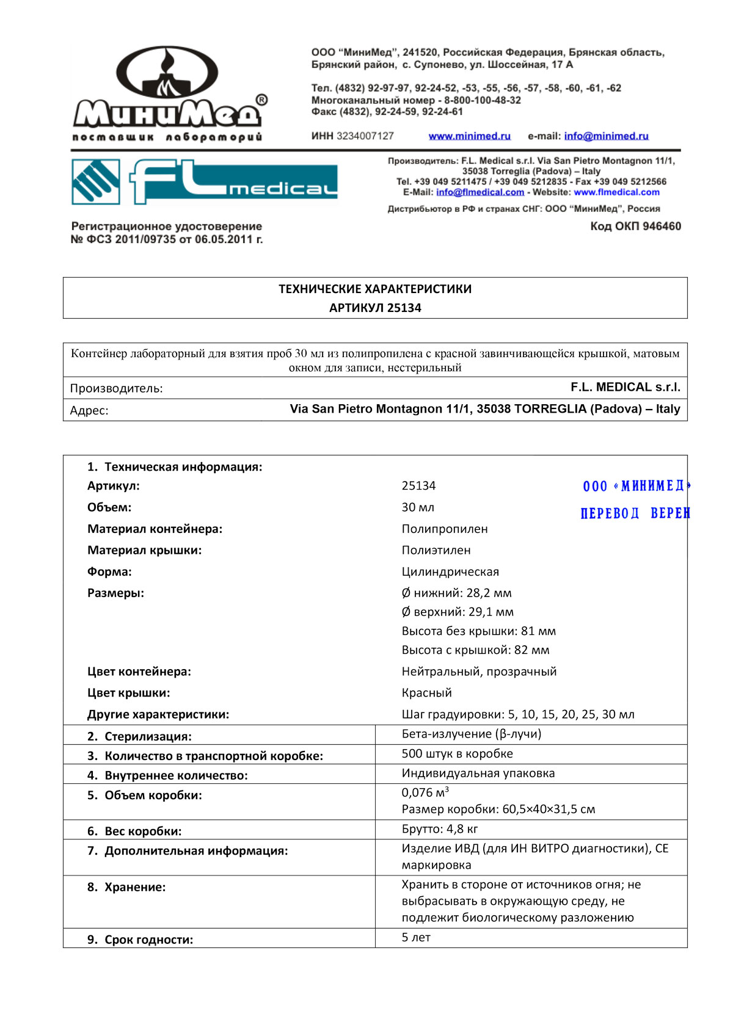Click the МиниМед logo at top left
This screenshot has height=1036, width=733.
tap(168, 95)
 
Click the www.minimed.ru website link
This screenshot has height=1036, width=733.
tap(469, 136)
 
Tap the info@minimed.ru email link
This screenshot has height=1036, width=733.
tap(606, 136)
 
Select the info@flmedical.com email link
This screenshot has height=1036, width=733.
tap(480, 192)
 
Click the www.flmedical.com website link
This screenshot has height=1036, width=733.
tap(616, 192)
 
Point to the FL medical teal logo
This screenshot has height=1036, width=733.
tap(205, 181)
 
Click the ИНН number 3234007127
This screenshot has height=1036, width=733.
tap(365, 136)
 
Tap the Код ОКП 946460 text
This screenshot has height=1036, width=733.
tap(635, 226)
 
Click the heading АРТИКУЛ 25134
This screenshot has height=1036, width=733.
tap(375, 308)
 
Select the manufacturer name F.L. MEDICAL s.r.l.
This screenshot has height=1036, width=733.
tap(625, 387)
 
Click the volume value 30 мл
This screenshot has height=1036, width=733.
tap(418, 507)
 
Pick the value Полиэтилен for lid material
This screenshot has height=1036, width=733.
tap(436, 550)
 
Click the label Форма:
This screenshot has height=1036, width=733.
tap(109, 571)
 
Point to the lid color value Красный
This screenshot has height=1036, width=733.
tap(426, 693)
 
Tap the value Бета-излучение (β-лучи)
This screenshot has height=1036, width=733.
tap(471, 734)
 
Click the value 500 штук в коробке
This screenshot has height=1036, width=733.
tap(457, 754)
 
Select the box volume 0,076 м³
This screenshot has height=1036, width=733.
tap(425, 792)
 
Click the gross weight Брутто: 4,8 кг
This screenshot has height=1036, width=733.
tap(440, 829)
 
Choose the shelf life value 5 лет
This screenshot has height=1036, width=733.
tap(416, 937)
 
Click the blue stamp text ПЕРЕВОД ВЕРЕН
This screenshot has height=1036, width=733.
tap(635, 513)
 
